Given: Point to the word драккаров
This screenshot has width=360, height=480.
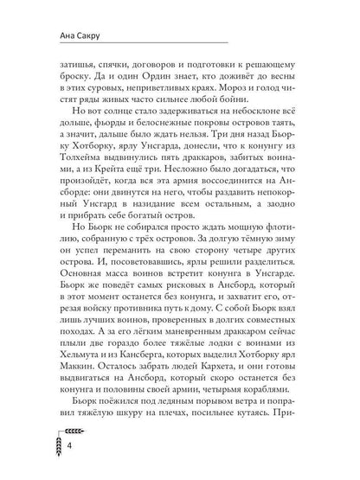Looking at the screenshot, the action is [x=213, y=177].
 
